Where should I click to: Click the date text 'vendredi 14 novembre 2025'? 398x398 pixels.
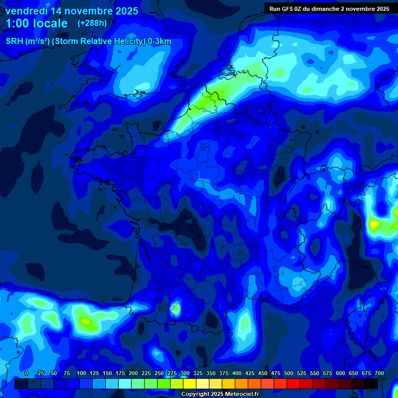(x=72, y=11)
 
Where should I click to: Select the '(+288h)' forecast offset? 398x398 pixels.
(x=92, y=23)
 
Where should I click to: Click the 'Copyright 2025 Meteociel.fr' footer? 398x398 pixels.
(x=220, y=394)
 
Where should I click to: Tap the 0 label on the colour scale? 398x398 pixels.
(x=26, y=373)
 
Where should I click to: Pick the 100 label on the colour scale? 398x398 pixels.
(x=81, y=373)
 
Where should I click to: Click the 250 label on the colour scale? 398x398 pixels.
(x=159, y=373)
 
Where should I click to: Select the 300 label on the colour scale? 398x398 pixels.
(x=185, y=373)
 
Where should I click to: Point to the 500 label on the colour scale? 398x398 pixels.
(x=289, y=373)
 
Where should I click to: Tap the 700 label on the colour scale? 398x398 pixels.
(x=379, y=373)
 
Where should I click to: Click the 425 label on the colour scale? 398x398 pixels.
(x=250, y=373)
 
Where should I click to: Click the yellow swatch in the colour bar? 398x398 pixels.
(x=190, y=383)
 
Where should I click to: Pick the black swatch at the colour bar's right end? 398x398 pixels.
(x=371, y=383)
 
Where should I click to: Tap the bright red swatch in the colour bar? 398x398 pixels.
(x=293, y=383)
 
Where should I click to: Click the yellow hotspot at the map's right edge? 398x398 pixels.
(x=374, y=225)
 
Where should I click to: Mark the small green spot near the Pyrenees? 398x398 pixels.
(x=176, y=309)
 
